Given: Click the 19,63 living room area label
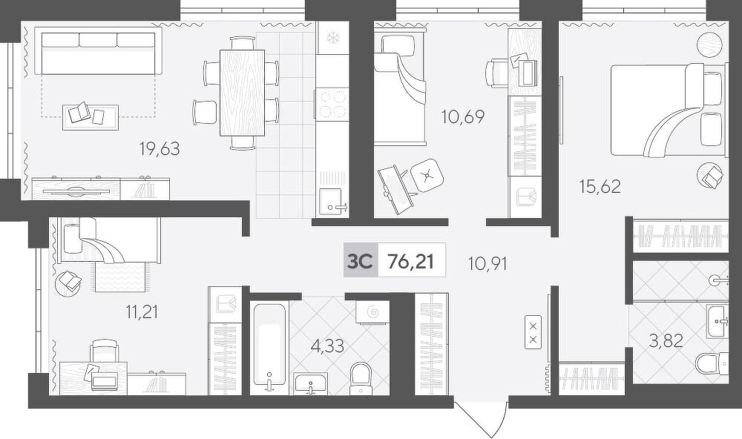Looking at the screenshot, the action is (x=160, y=149).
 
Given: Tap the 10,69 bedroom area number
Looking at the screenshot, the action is (x=463, y=116).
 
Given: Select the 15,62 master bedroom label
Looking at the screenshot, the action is (x=600, y=186).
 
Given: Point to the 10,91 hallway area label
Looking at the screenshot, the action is (x=487, y=263).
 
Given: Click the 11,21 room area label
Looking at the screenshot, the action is (x=142, y=311).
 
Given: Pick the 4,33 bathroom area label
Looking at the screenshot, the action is (x=327, y=346).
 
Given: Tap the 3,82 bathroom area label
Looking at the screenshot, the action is (x=666, y=340).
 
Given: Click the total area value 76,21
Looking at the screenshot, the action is (x=410, y=261).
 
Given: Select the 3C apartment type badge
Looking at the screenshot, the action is (x=361, y=260).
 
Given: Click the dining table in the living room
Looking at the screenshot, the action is (x=243, y=93).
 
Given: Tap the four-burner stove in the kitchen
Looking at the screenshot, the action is (x=332, y=105).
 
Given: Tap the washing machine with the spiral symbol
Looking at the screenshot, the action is (x=373, y=312).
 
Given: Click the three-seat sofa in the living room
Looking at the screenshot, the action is (x=99, y=50).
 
